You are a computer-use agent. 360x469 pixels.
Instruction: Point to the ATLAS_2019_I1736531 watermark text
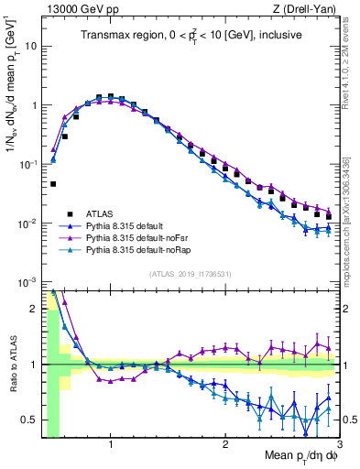click(x=190, y=273)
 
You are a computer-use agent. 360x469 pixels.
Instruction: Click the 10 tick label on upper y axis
click(x=30, y=46)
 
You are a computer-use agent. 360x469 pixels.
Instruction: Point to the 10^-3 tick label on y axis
click(x=27, y=282)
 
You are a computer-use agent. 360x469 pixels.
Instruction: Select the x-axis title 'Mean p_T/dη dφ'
click(x=302, y=456)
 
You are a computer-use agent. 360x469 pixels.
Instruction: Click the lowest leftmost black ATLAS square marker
click(x=53, y=183)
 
